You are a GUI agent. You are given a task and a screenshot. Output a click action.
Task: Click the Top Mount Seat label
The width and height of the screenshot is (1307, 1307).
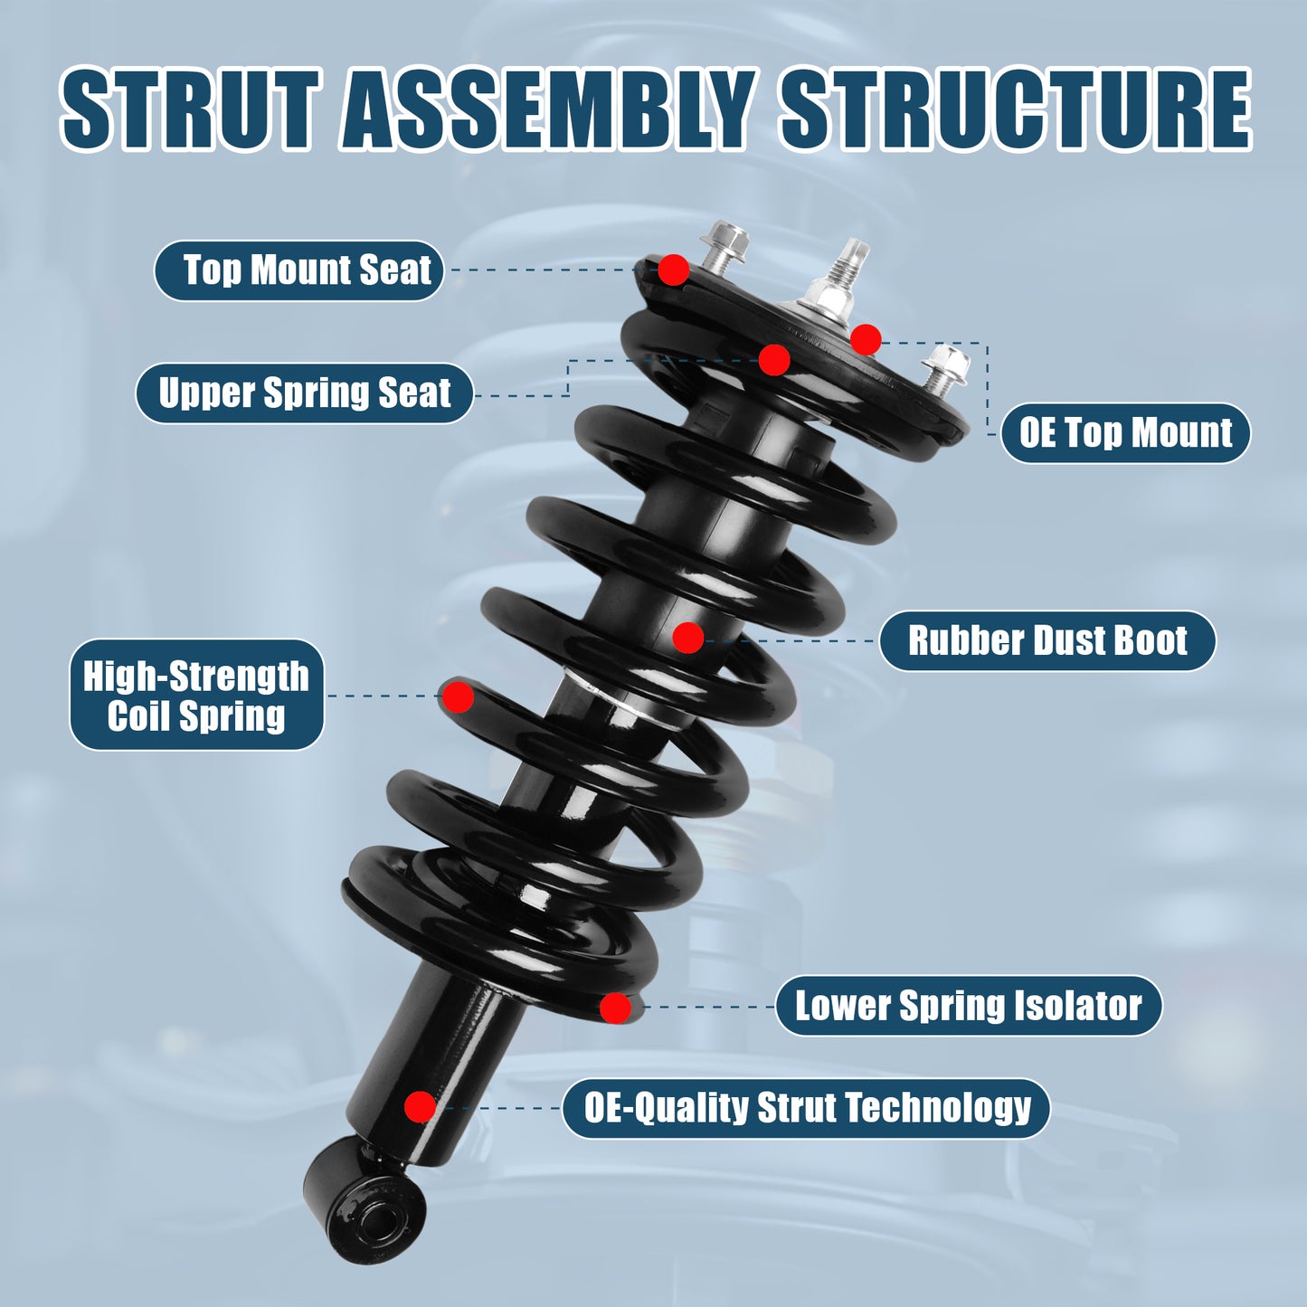298,270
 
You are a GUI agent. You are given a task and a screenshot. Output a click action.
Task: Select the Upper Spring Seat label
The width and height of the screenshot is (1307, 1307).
304,393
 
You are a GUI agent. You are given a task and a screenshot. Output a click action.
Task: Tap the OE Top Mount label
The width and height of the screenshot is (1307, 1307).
1125,433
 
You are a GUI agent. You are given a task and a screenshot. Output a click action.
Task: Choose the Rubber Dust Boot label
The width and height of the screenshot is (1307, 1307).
1047,641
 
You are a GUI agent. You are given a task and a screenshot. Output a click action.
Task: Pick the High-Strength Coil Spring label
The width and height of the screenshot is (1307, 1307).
196,696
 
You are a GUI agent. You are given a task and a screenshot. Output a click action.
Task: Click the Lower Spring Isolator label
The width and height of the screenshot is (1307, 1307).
968,1006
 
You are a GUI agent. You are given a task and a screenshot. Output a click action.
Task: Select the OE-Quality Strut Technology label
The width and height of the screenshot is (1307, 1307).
806,1108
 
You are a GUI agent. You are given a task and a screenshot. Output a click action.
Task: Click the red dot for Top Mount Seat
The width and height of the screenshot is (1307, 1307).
673,270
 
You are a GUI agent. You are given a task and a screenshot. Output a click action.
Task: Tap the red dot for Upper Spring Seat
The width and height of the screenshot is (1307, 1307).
774,360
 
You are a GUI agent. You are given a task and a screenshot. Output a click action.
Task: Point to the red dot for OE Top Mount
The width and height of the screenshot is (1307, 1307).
866,340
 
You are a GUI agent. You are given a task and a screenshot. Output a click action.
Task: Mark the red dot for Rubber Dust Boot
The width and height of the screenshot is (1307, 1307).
688,638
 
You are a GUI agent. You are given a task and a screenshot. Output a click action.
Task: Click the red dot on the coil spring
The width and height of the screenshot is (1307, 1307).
458,697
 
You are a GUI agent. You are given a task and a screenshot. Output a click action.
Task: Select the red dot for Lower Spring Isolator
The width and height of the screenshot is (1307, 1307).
615,1008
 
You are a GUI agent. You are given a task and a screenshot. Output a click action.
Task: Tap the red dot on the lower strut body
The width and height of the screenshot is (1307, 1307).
420,1106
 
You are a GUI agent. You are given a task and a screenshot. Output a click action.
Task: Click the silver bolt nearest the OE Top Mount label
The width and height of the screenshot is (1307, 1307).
945,369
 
